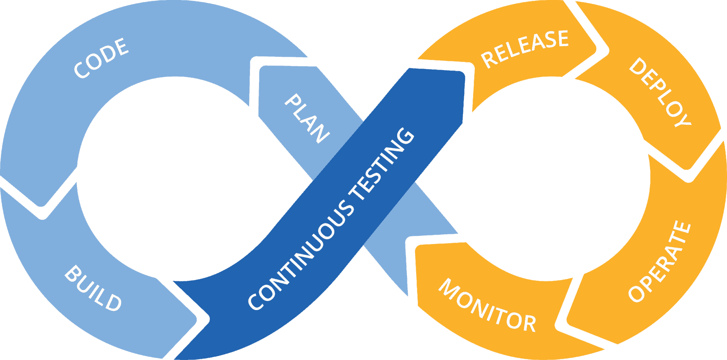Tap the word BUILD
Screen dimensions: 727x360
pyautogui.click(x=93, y=288)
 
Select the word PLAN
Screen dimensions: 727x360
pyautogui.click(x=307, y=118)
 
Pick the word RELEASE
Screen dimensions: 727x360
pyautogui.click(x=525, y=49)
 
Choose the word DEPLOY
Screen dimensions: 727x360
pyautogui.click(x=660, y=92)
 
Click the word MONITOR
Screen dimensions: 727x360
pyautogui.click(x=487, y=305)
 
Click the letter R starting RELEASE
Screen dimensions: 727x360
pyautogui.click(x=489, y=59)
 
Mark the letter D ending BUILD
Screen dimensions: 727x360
pyautogui.click(x=113, y=302)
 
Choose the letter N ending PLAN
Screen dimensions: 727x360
pyautogui.click(x=320, y=133)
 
